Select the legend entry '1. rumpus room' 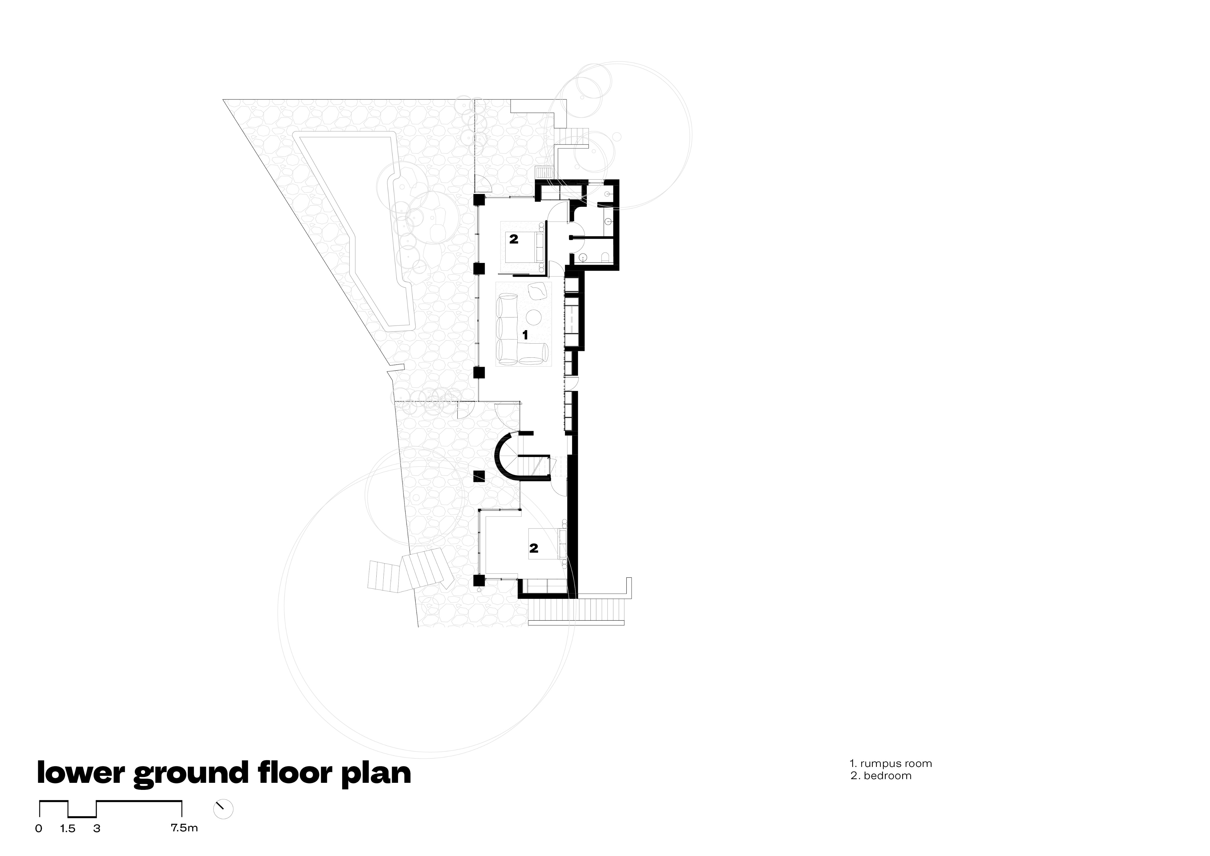(x=891, y=763)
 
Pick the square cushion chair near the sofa (x=538, y=291)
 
